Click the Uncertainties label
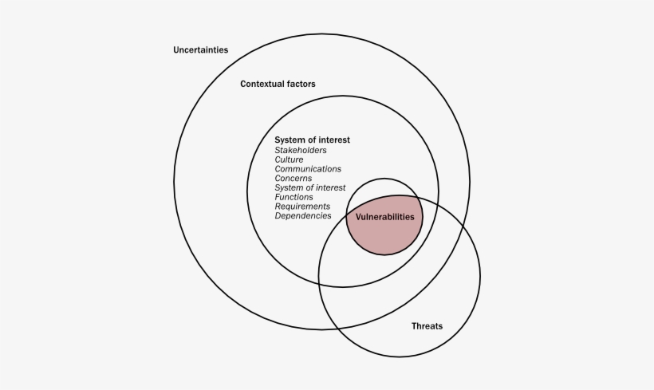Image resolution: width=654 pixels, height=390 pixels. [201, 49]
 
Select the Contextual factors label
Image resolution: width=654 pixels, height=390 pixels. [278, 84]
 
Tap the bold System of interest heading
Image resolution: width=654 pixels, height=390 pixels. [312, 140]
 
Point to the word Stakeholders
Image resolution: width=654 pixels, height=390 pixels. [301, 150]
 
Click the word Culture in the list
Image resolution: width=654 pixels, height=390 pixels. [289, 160]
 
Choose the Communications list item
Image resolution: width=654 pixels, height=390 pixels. [308, 169]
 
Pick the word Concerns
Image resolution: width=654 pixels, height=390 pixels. [293, 179]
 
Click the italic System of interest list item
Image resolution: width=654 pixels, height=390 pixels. [310, 187]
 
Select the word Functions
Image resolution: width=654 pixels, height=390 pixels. [294, 197]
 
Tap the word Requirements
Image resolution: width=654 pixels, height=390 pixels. [302, 207]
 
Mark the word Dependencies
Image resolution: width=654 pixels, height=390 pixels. [303, 216]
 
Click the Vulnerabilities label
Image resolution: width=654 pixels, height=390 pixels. [384, 217]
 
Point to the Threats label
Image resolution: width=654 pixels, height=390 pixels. [427, 325]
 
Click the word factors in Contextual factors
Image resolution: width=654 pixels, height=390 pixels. [297, 84]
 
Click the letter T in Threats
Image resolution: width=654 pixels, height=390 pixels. [414, 325]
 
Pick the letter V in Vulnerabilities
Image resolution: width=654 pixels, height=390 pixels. [358, 217]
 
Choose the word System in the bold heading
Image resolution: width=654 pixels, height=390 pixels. [290, 140]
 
